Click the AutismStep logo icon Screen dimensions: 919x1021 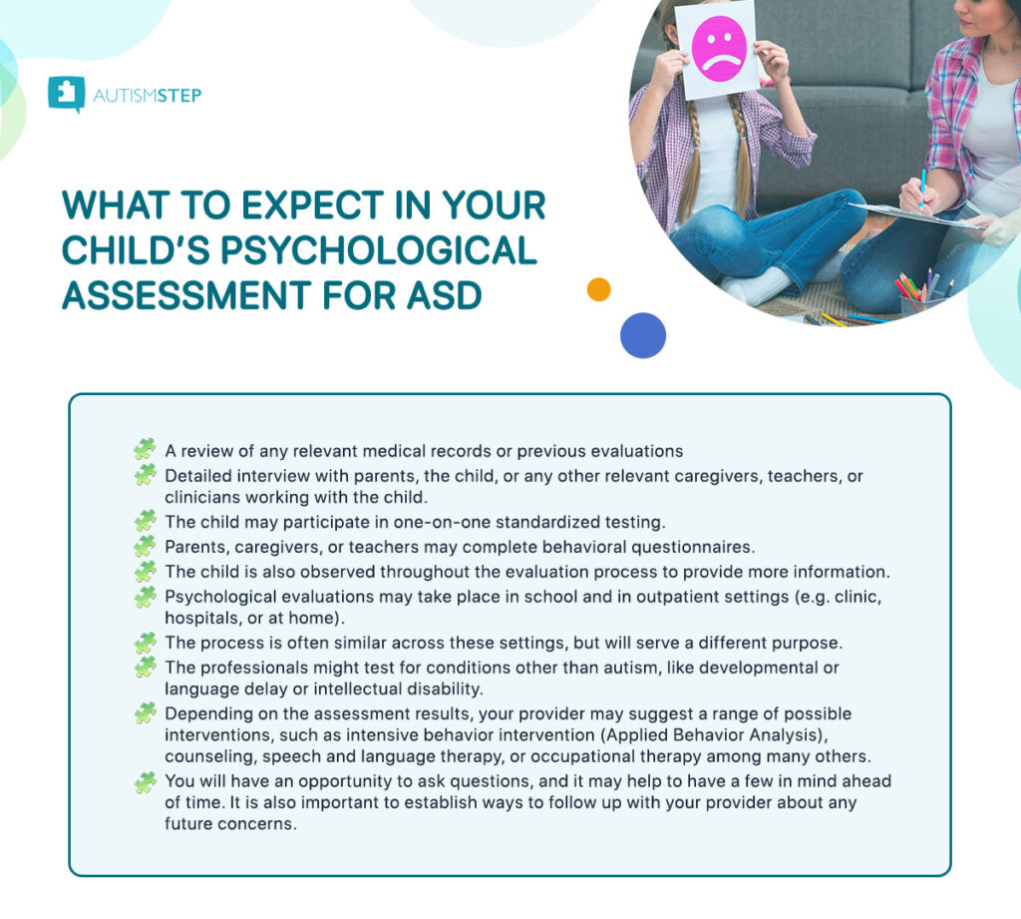tap(66, 94)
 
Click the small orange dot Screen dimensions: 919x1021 tap(598, 289)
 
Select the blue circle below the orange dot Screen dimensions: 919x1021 tap(642, 335)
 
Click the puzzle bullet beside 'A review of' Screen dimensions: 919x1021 tap(146, 449)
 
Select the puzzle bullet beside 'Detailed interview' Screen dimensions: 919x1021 tap(146, 475)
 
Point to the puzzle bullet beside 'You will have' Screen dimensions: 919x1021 tap(146, 782)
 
